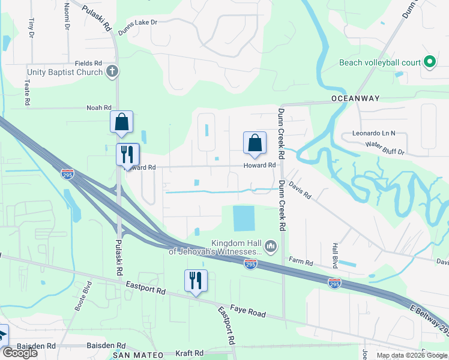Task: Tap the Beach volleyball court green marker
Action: [x=430, y=62]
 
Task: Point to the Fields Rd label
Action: [x=88, y=63]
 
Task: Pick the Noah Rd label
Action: [x=99, y=108]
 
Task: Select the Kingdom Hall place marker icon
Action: [x=270, y=245]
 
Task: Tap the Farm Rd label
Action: [x=301, y=262]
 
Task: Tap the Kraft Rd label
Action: [x=190, y=353]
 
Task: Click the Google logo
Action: [x=20, y=353]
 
